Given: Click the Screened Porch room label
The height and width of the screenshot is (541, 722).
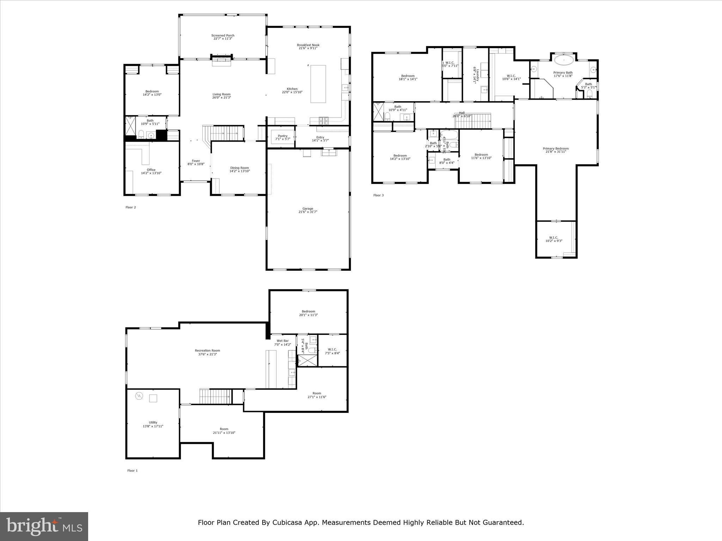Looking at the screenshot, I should click(223, 36).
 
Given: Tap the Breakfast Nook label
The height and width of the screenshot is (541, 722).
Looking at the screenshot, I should click(308, 45).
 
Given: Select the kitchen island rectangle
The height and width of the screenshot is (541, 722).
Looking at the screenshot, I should click(318, 84).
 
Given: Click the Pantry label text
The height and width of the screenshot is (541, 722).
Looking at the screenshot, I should click(282, 136).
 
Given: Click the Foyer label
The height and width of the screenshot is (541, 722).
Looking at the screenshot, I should click(196, 161).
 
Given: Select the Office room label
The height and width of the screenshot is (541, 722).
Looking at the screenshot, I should click(151, 170).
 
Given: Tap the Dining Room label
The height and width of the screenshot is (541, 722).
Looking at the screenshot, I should click(239, 168).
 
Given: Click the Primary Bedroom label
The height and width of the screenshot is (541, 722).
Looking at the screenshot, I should click(556, 149).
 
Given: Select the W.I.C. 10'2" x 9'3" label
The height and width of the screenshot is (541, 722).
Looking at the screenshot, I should click(553, 239).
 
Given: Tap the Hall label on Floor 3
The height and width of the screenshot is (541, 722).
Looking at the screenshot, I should click(461, 113).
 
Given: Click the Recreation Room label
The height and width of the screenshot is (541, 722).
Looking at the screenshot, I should click(207, 350).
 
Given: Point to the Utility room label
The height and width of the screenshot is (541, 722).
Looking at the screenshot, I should click(153, 423).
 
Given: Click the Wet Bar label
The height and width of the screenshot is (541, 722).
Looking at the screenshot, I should click(282, 341).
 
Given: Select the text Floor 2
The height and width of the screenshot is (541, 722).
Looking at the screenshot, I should click(130, 207).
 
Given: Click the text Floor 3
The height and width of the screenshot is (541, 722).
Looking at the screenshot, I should click(378, 195).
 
